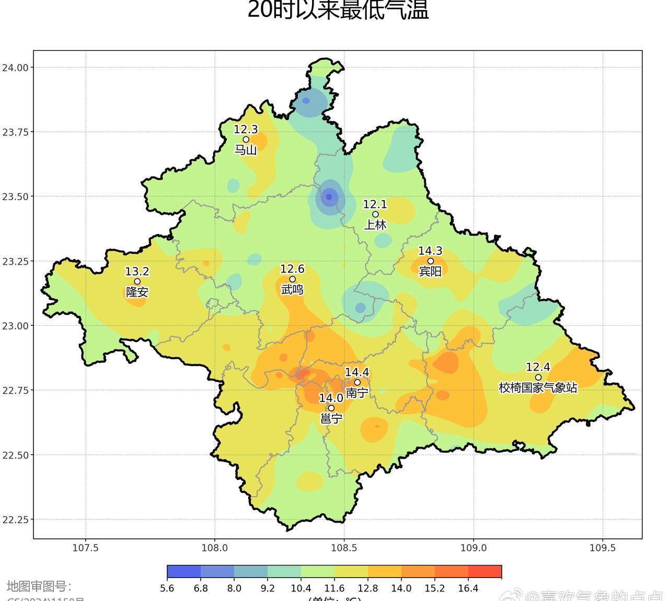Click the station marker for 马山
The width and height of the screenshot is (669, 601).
246,139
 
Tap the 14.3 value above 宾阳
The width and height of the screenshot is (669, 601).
430,251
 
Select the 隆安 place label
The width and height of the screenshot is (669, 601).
137,292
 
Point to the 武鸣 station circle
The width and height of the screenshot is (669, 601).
292,279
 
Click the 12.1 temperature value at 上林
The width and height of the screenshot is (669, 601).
375,204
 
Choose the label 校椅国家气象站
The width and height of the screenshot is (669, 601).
538,388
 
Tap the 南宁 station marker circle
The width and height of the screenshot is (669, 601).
357,382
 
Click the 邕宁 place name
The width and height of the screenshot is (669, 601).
331,418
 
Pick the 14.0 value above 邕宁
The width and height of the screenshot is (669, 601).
331,398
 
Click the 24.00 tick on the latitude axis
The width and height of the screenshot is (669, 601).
15,67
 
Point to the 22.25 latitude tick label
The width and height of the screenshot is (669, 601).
15,520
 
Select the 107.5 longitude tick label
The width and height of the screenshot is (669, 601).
85,548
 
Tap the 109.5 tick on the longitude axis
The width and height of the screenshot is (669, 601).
603,548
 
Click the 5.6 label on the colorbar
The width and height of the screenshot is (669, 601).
167,588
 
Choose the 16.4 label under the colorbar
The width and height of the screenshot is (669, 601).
468,588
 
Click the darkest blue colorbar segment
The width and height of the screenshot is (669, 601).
184,572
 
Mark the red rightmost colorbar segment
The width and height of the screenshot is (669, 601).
485,572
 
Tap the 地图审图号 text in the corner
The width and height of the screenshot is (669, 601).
39,586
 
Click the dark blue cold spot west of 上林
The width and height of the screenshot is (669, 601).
329,197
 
